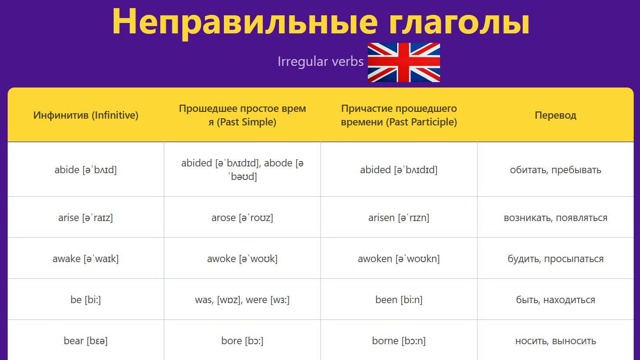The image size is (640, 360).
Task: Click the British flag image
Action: pyautogui.click(x=403, y=63)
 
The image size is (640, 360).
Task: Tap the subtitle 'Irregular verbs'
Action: pyautogui.click(x=320, y=62)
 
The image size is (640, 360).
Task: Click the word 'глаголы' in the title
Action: pyautogui.click(x=459, y=22)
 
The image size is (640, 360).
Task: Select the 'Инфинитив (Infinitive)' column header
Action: pyautogui.click(x=86, y=115)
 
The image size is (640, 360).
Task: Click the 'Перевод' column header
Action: pyautogui.click(x=556, y=115)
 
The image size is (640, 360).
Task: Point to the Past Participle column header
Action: pyautogui.click(x=399, y=115)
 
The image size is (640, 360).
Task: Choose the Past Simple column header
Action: pyautogui.click(x=242, y=115)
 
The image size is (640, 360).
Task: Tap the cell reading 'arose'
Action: pyautogui.click(x=242, y=217)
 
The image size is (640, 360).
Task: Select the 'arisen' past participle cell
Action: pyautogui.click(x=399, y=217)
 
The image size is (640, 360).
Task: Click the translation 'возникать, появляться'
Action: pyautogui.click(x=556, y=218)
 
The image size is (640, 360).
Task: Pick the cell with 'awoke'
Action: pyautogui.click(x=242, y=258)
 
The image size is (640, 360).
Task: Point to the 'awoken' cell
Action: pyautogui.click(x=399, y=258)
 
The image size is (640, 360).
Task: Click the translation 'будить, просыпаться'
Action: pyautogui.click(x=556, y=259)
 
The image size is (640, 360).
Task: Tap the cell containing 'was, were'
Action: pyautogui.click(x=242, y=300)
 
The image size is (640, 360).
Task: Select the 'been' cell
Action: pyautogui.click(x=399, y=300)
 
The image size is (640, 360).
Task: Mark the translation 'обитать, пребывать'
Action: pyautogui.click(x=556, y=170)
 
